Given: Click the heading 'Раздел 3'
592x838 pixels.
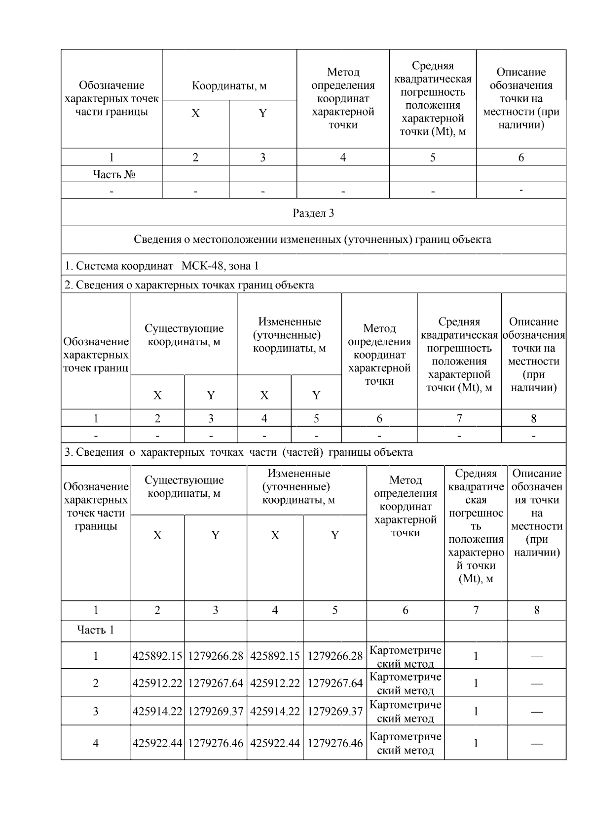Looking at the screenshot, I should pyautogui.click(x=313, y=213).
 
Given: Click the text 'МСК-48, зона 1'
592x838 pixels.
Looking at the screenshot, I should pyautogui.click(x=220, y=266).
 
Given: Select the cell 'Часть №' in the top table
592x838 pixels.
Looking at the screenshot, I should pyautogui.click(x=114, y=174).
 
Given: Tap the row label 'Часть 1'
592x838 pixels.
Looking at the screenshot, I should pyautogui.click(x=95, y=630).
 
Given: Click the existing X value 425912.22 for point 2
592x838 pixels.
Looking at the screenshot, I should pyautogui.click(x=157, y=683).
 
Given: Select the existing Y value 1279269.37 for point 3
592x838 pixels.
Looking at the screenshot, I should pyautogui.click(x=216, y=712).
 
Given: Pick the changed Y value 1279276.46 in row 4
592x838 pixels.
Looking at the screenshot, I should pyautogui.click(x=335, y=743).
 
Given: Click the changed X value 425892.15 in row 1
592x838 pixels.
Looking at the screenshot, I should pyautogui.click(x=275, y=656).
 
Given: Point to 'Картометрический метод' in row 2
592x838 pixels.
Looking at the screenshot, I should pyautogui.click(x=406, y=683).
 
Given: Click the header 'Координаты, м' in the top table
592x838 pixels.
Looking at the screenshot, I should pyautogui.click(x=229, y=86).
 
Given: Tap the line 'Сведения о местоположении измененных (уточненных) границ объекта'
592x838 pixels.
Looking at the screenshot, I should pyautogui.click(x=312, y=239).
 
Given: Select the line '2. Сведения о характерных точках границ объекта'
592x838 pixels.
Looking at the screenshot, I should pyautogui.click(x=189, y=285).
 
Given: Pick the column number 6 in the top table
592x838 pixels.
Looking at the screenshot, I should pyautogui.click(x=521, y=158).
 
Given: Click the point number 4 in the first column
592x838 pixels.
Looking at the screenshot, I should pyautogui.click(x=96, y=743).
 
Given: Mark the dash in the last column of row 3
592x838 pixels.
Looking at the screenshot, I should pyautogui.click(x=537, y=712).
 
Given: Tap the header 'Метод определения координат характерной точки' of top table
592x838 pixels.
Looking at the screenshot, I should pyautogui.click(x=343, y=98).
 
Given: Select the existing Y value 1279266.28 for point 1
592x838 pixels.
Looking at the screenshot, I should pyautogui.click(x=216, y=656).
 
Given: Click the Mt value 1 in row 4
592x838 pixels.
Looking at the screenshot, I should pyautogui.click(x=476, y=743).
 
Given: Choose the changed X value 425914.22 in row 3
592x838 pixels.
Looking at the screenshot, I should pyautogui.click(x=275, y=712).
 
